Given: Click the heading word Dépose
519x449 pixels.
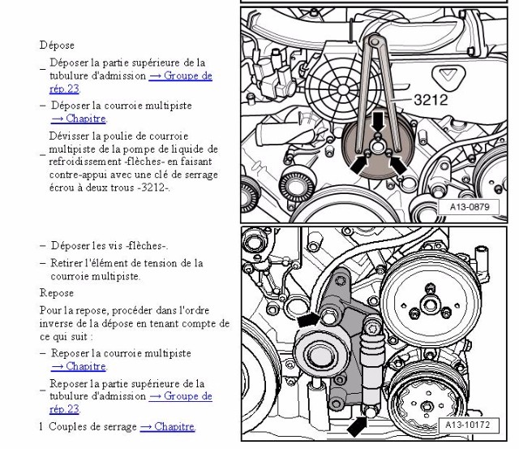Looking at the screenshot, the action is pos(57,45).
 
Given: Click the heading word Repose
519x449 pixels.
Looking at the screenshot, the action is pos(57,293).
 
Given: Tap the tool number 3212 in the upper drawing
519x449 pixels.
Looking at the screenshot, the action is pos(431,100).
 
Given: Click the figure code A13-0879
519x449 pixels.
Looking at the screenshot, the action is pos(469,207).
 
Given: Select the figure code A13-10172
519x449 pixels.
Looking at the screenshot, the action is pos(467,425).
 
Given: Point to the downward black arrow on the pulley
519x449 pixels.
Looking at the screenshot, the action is pos(378,121).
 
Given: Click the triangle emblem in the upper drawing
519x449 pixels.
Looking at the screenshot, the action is pos(448,76).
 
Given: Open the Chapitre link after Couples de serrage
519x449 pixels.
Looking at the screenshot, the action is pos(168,426).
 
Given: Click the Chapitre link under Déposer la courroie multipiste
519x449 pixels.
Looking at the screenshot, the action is pos(79,119).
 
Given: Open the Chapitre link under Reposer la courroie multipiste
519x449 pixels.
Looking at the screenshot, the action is pos(79,366).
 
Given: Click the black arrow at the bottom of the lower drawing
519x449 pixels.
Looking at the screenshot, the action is pos(358,427).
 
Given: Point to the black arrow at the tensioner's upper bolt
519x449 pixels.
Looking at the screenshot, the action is pos(308,320).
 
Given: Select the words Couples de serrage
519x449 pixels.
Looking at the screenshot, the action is pos(92,427).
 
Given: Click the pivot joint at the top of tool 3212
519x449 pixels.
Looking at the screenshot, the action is pos(375,41).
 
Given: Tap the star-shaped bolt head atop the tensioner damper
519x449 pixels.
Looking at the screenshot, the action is pos(371,329).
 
